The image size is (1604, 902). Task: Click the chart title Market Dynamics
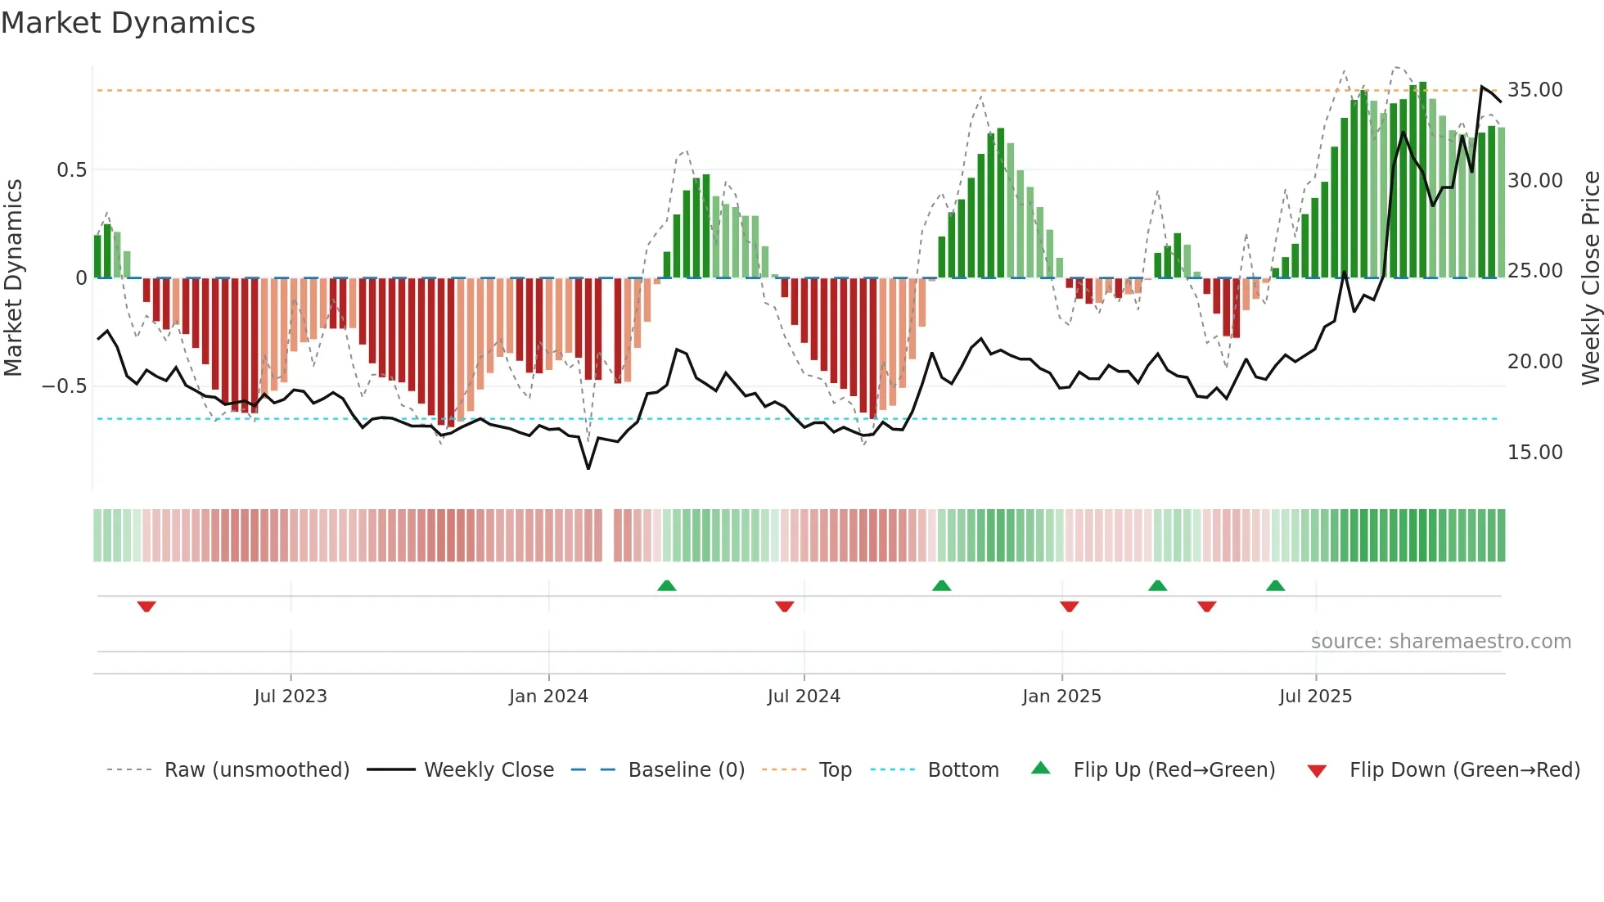pyautogui.click(x=128, y=23)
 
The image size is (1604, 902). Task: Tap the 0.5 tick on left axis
pyautogui.click(x=71, y=170)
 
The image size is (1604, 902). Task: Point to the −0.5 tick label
pyautogui.click(x=65, y=386)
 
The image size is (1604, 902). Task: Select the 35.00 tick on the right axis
pyautogui.click(x=1534, y=90)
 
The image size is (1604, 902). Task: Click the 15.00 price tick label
pyautogui.click(x=1534, y=453)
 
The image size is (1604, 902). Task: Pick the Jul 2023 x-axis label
pyautogui.click(x=291, y=697)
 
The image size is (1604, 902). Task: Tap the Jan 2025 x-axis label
pyautogui.click(x=1061, y=697)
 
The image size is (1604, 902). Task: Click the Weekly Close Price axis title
pyautogui.click(x=1590, y=278)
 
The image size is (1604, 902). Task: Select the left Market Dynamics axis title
pyautogui.click(x=13, y=278)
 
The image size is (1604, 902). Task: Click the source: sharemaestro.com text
pyautogui.click(x=1440, y=642)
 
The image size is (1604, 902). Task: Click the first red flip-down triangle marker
pyautogui.click(x=146, y=607)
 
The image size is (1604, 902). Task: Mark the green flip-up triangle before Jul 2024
pyautogui.click(x=667, y=585)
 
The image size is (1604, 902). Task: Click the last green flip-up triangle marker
pyautogui.click(x=1275, y=585)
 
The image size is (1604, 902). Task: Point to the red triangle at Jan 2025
pyautogui.click(x=1069, y=607)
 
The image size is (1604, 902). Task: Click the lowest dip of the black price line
pyautogui.click(x=588, y=468)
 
